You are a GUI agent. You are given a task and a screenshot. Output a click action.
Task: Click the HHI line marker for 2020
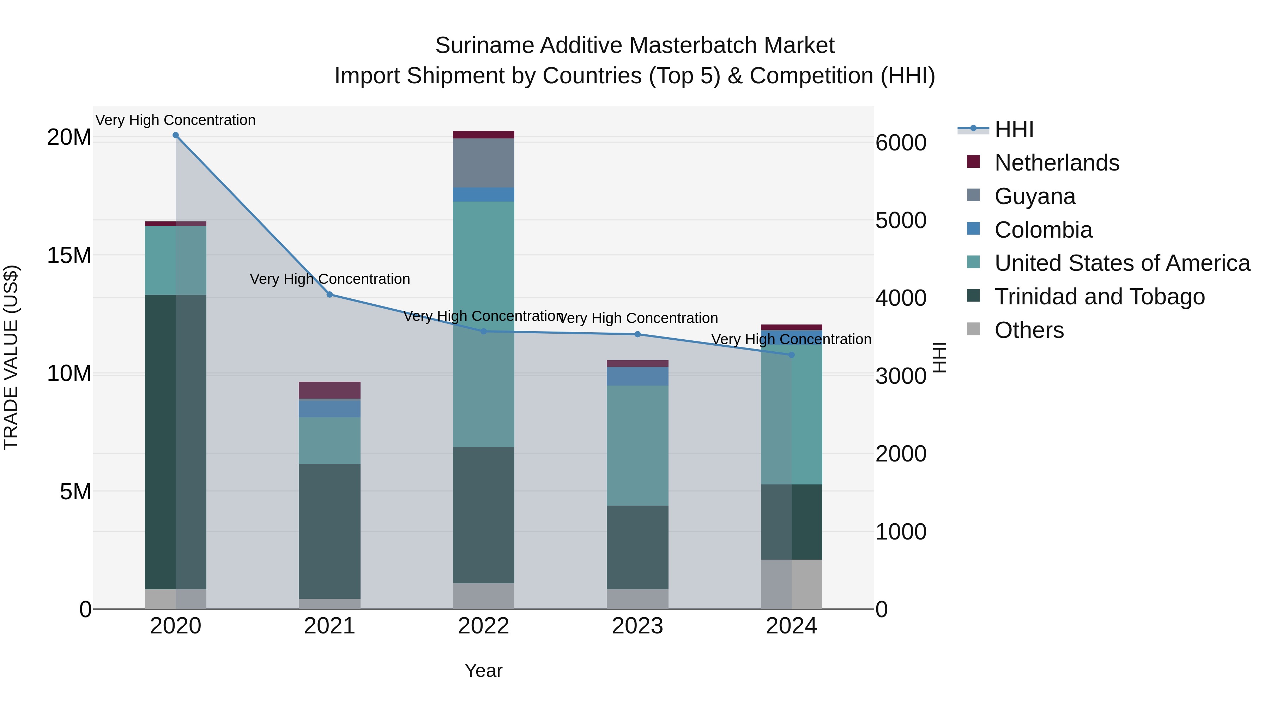176,135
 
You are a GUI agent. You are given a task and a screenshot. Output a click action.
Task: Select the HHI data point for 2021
330,294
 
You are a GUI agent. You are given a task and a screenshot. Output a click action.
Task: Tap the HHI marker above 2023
637,335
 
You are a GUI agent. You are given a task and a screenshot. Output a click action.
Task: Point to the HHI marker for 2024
792,355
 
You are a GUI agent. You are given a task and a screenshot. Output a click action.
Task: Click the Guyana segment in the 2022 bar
484,163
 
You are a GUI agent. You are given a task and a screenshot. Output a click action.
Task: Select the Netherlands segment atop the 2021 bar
330,390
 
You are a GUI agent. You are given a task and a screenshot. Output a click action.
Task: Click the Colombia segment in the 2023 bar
637,376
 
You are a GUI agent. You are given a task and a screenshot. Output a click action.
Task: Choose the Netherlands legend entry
1057,163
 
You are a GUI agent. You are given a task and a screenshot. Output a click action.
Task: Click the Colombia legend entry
1043,230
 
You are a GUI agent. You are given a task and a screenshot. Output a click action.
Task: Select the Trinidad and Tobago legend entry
1099,297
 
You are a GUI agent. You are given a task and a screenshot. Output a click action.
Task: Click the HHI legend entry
1013,129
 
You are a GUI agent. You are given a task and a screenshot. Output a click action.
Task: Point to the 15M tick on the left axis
69,256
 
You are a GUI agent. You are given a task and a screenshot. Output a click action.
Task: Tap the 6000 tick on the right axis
901,143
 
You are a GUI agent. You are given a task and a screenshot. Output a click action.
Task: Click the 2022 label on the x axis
484,626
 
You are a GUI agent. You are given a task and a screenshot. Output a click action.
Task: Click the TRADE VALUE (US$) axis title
11,357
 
